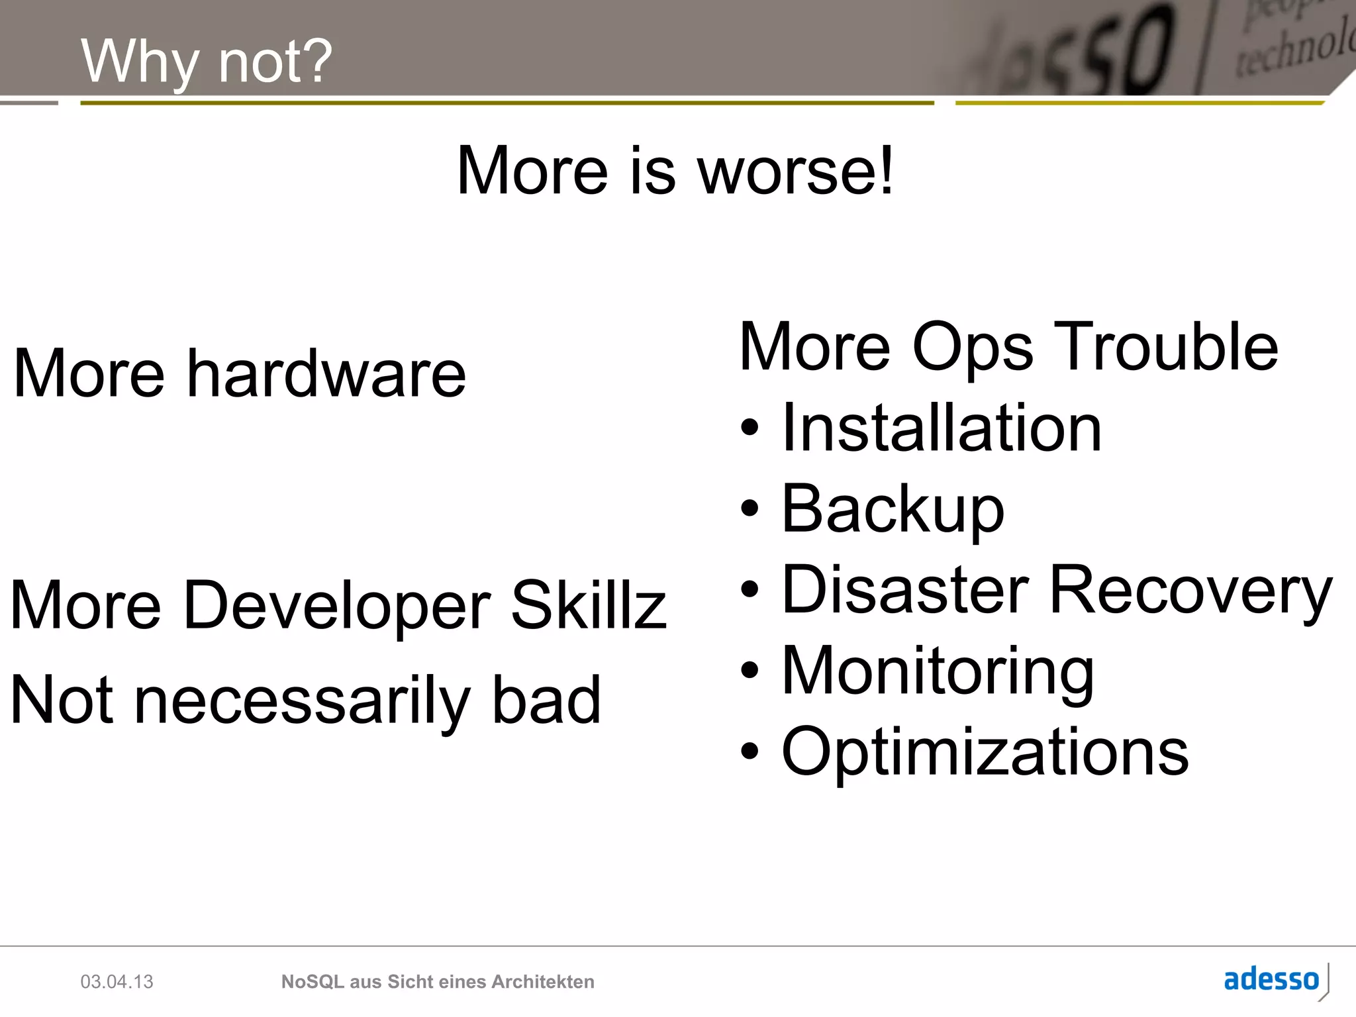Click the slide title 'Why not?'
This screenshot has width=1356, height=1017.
coord(206,61)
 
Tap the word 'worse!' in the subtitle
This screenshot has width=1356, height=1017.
coord(796,171)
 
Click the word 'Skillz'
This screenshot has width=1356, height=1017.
coord(589,605)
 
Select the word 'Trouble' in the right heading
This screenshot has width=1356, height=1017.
coord(1165,347)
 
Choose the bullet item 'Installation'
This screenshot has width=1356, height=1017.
coord(942,428)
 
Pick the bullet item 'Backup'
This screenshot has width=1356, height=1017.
coord(893,509)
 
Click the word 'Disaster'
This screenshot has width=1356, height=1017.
coord(905,589)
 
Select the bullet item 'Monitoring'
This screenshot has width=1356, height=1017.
coord(938,671)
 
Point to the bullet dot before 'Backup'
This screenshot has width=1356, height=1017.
coord(749,509)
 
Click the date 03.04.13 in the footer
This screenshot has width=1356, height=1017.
coord(117,981)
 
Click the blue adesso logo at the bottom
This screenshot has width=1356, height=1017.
coord(1271,979)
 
